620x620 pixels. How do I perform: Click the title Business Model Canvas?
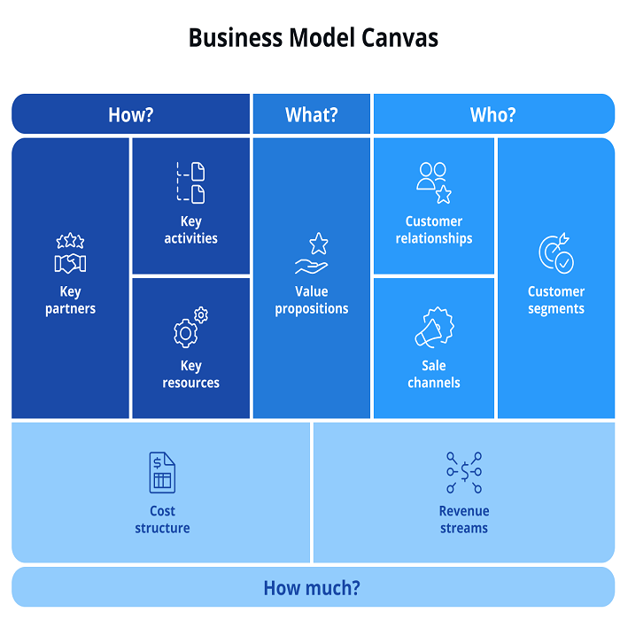(313, 38)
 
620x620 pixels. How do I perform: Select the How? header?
(131, 114)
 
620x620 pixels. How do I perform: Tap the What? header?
(311, 114)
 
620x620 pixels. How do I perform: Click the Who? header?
(493, 114)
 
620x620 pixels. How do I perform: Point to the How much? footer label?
(312, 588)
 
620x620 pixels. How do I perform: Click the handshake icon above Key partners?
(70, 255)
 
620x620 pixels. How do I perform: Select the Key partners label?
(70, 300)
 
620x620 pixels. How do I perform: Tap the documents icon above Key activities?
(190, 182)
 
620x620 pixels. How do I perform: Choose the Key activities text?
(190, 229)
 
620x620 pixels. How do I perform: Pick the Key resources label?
(190, 375)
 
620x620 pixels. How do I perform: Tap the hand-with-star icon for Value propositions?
(312, 254)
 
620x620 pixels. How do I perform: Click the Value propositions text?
(312, 300)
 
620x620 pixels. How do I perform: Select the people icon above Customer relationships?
(434, 182)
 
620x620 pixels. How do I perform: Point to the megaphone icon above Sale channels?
(434, 327)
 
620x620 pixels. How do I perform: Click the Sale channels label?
(434, 375)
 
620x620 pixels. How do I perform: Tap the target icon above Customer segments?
(556, 253)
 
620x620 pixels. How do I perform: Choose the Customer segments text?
(556, 300)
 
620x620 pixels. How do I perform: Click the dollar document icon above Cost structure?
(162, 472)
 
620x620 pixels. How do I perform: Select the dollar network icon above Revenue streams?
(464, 472)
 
